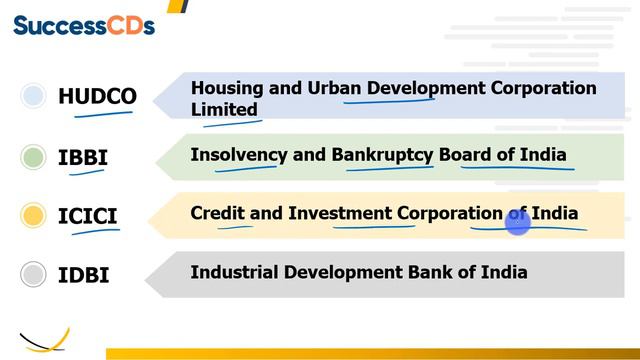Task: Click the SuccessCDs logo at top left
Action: point(84,25)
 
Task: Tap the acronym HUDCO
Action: point(97,97)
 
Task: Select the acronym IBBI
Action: point(83,157)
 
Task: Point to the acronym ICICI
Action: point(88,215)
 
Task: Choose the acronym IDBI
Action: point(84,274)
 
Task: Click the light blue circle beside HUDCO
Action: point(34,96)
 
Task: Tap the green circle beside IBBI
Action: point(34,157)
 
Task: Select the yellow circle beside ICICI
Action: point(34,215)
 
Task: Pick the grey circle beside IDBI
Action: point(34,274)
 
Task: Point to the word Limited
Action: point(224,109)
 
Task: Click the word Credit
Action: point(217,213)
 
